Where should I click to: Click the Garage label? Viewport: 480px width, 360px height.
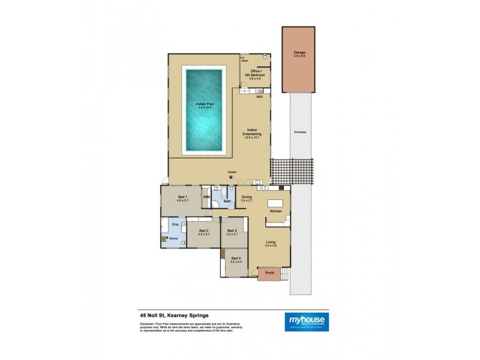(299, 53)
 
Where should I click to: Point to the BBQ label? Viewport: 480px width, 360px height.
(259, 97)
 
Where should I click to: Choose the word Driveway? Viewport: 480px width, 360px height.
(301, 132)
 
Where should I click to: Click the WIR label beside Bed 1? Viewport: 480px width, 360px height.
(206, 197)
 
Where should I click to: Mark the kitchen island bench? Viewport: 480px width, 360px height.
(277, 202)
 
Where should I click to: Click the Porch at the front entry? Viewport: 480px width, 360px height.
(265, 276)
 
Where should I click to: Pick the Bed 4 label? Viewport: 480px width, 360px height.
(235, 259)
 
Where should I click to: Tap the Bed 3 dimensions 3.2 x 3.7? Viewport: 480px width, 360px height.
(233, 234)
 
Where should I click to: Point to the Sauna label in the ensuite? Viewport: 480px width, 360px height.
(173, 238)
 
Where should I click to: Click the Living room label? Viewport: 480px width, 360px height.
(271, 242)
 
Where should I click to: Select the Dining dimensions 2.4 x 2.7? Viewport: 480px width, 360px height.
(247, 200)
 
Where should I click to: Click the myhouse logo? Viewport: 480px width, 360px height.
(306, 320)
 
